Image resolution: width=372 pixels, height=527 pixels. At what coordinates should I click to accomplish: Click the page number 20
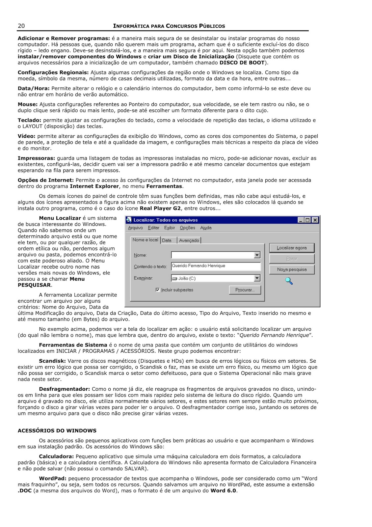21,26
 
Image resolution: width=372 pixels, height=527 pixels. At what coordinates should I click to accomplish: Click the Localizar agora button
292,248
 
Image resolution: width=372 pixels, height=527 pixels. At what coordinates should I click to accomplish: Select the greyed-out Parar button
292,259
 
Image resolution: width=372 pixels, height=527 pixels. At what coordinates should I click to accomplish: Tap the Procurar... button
245,290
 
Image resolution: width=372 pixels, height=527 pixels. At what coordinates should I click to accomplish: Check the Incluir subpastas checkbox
158,290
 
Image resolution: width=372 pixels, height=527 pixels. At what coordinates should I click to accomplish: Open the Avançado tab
189,240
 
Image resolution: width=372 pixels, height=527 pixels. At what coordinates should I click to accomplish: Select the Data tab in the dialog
167,240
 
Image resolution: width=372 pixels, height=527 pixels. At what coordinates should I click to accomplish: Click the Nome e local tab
145,240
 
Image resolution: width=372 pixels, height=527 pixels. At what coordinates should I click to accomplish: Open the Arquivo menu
135,228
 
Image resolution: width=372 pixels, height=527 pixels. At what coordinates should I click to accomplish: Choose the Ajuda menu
206,228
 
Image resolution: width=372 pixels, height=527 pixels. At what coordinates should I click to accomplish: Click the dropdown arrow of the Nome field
257,255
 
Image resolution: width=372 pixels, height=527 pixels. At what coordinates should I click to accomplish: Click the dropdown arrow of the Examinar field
257,278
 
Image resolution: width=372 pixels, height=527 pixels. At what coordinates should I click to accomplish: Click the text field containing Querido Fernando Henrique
216,266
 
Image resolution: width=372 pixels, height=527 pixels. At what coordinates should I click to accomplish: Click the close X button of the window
315,220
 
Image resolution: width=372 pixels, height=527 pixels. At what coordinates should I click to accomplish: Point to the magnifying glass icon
289,281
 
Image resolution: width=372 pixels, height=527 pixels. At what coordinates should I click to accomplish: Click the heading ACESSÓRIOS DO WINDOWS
57,430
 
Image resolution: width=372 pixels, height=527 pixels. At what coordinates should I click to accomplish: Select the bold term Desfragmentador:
64,389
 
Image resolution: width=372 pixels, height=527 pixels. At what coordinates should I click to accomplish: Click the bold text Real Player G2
160,208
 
